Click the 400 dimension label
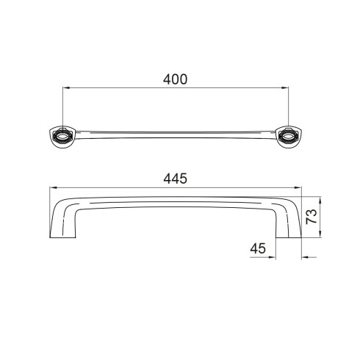(x=175, y=79)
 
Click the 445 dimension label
(x=175, y=179)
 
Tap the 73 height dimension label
(x=312, y=216)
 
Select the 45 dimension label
(x=258, y=248)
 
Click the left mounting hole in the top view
(x=63, y=136)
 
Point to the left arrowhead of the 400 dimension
(x=67, y=87)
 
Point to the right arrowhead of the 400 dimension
(x=285, y=87)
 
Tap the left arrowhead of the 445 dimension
(x=54, y=187)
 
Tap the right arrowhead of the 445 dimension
(x=298, y=187)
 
